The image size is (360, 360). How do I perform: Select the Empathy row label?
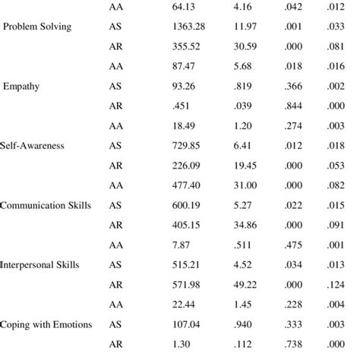click(x=24, y=87)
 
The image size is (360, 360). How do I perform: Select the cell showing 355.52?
click(x=185, y=47)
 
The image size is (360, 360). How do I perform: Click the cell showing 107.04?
click(x=185, y=324)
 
